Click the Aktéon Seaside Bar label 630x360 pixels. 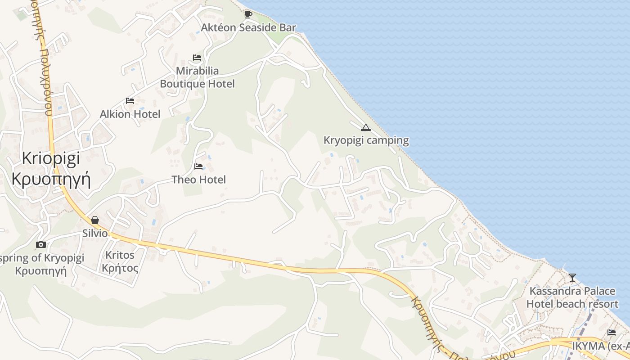point(248,27)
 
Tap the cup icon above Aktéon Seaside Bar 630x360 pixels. point(248,14)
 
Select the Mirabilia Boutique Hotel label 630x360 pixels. point(198,77)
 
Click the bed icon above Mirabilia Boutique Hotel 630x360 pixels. point(197,58)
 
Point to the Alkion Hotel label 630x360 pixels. point(130,114)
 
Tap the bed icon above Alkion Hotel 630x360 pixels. point(130,101)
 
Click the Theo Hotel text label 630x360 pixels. point(198,180)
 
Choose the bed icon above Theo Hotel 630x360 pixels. point(198,166)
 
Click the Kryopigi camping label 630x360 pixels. point(366,140)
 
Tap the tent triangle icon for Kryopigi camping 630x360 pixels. point(366,127)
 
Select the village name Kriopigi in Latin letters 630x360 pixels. point(51,158)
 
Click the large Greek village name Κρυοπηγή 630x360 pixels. point(51,179)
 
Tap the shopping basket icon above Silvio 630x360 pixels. point(95,220)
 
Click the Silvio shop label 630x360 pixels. point(95,233)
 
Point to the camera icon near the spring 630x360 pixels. point(41,244)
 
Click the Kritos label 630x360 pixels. point(120,255)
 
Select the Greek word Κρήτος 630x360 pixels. point(120,269)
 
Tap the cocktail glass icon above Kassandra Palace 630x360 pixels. point(572,277)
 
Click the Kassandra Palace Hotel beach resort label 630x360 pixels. point(572,297)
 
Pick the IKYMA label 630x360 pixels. point(600,346)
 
